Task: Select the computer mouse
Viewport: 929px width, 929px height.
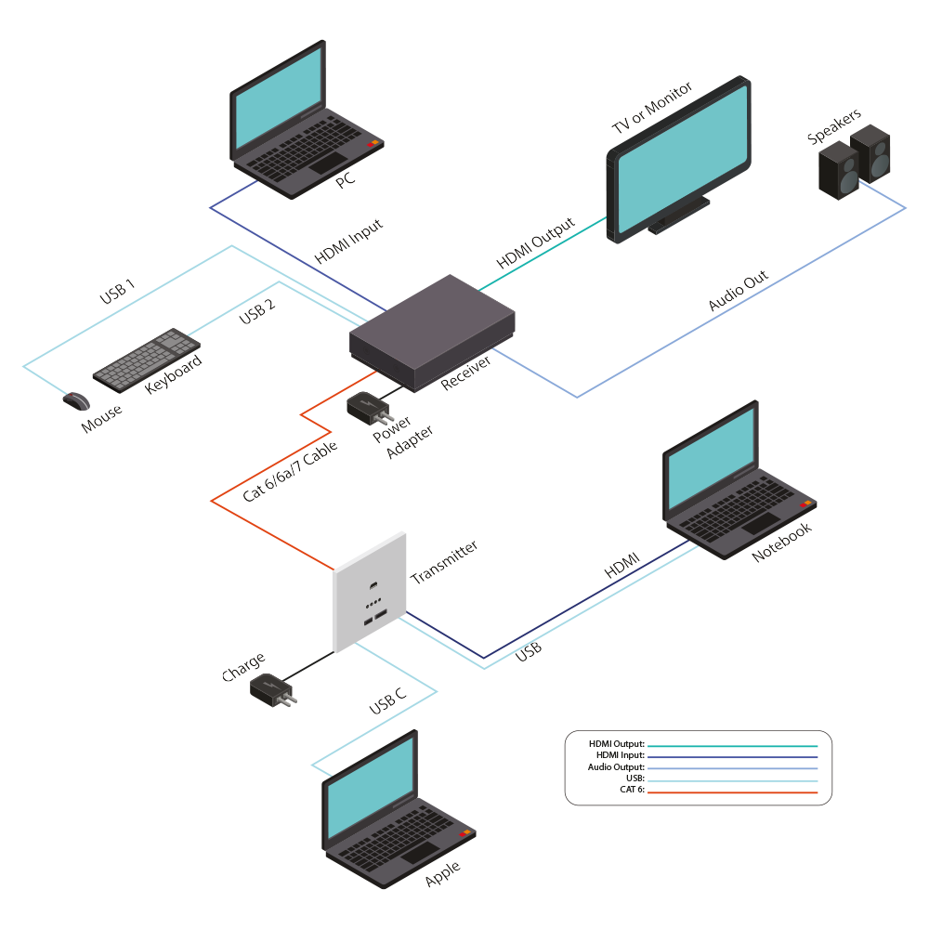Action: pos(76,400)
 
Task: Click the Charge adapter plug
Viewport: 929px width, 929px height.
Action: pos(271,690)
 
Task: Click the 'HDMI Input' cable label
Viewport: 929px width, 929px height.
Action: pos(349,242)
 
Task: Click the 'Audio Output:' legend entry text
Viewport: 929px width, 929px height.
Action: pos(616,767)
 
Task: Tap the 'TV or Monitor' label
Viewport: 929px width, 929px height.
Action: pos(651,109)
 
